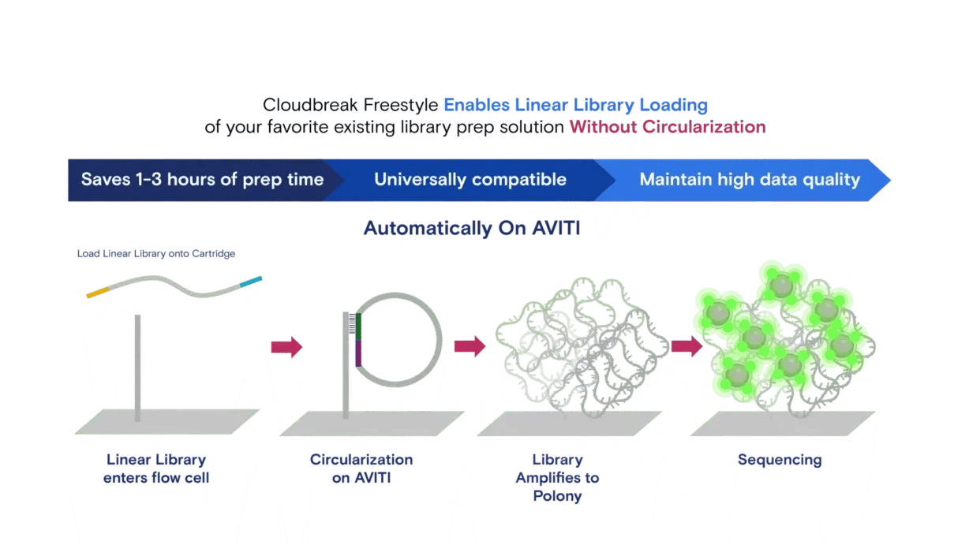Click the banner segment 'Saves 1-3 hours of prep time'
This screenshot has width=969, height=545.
(x=202, y=179)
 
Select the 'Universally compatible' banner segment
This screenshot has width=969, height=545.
(x=470, y=179)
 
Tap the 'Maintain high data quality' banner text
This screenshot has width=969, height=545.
(x=749, y=179)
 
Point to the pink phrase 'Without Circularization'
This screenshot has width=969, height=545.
(x=667, y=127)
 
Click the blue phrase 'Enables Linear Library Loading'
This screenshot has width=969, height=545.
(x=575, y=105)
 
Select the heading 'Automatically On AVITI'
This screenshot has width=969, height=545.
(x=472, y=229)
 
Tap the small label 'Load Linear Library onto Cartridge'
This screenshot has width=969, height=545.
(x=155, y=254)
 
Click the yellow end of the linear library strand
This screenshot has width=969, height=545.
(x=95, y=293)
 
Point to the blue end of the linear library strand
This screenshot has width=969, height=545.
(x=253, y=281)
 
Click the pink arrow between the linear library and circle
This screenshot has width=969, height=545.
(x=286, y=347)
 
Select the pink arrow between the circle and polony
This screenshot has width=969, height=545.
(x=469, y=345)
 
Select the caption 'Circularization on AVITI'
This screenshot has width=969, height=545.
(x=361, y=468)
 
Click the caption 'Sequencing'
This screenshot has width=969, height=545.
(x=779, y=460)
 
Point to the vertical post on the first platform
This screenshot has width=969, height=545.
(x=138, y=367)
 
